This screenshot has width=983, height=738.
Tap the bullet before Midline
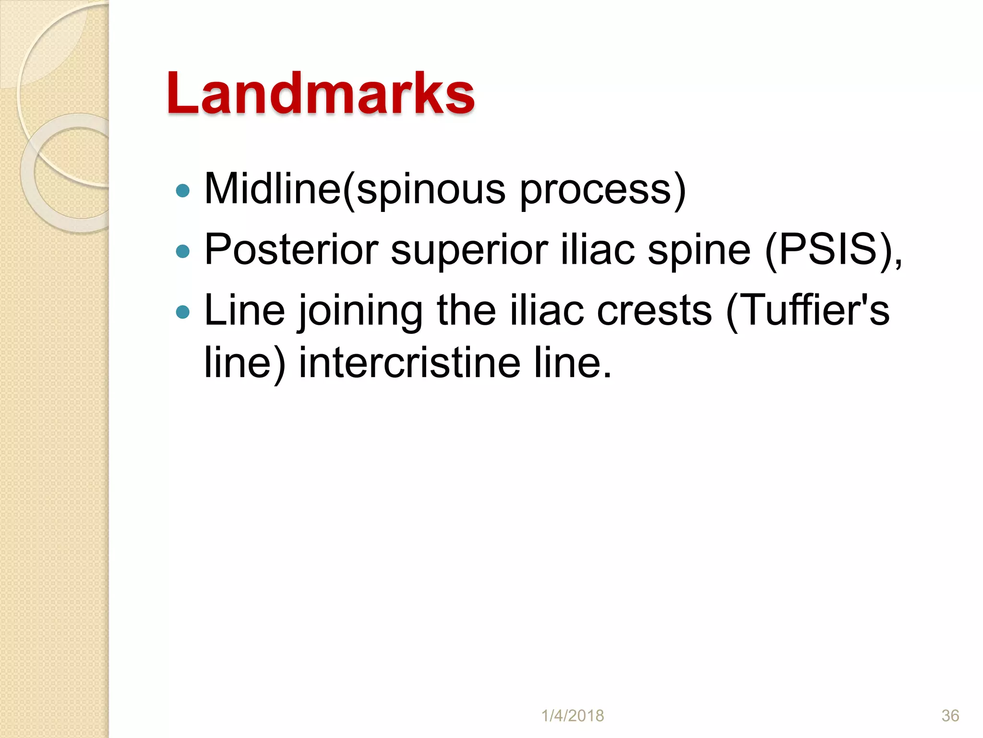coord(183,191)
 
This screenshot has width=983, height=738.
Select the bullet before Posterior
coord(183,251)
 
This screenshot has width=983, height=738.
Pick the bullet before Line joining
coord(183,312)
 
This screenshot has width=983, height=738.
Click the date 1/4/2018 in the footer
coord(573,715)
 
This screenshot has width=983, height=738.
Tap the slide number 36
coord(950,715)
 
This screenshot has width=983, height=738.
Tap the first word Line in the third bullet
coord(244,310)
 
